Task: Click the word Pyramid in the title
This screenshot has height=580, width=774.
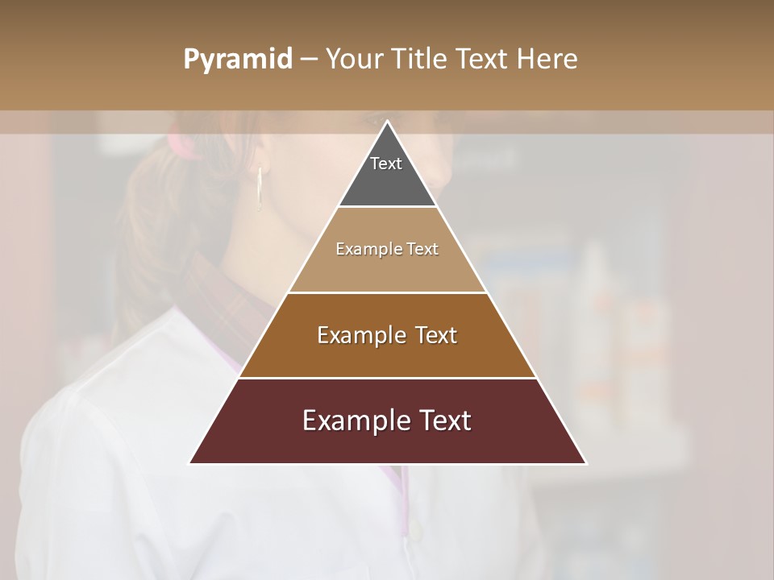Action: tap(237, 60)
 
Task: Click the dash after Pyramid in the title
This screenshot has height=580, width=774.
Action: tap(308, 60)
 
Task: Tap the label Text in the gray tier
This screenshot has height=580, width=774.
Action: tap(386, 164)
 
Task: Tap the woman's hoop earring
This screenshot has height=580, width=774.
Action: tap(260, 189)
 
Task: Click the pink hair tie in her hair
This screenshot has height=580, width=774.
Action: tap(181, 145)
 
